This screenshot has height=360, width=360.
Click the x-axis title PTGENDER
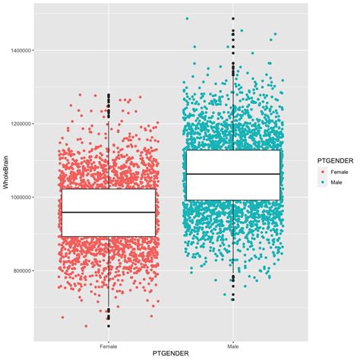171,353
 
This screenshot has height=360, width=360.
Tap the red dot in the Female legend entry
323,172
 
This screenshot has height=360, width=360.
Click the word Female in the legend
342,172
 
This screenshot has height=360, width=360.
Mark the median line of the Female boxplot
109,213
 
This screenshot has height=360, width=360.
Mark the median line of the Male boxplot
233,174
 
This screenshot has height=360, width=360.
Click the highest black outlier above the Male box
233,18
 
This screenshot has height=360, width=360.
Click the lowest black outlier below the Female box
109,326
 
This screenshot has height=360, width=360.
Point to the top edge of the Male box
233,150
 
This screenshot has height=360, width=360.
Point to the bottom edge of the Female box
109,236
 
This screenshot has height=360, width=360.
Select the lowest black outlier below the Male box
233,298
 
